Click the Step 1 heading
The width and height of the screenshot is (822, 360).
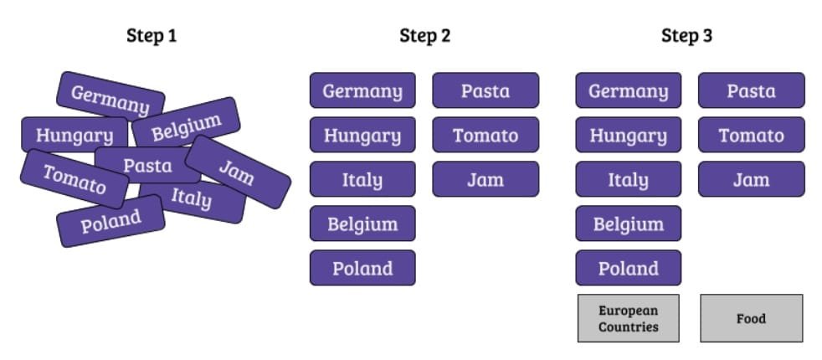(152, 35)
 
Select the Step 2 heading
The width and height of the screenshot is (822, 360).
(424, 35)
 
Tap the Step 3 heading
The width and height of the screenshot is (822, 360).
(686, 35)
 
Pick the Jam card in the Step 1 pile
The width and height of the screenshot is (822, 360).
(238, 172)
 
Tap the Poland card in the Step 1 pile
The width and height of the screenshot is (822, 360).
(110, 222)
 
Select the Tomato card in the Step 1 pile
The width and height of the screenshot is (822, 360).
(74, 178)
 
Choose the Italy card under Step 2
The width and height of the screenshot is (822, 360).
(362, 179)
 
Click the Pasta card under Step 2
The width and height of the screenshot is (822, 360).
(485, 90)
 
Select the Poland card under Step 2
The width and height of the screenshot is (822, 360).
(362, 268)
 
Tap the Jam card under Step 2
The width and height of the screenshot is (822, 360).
(485, 179)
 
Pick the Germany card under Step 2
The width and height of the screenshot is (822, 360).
(362, 90)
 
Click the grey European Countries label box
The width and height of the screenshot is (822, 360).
(628, 318)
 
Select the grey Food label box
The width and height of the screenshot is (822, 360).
(751, 318)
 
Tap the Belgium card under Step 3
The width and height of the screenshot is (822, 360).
(628, 224)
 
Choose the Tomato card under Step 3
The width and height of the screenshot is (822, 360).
(751, 135)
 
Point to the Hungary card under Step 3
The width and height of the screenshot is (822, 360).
(628, 135)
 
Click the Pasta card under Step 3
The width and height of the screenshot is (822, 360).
(751, 90)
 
